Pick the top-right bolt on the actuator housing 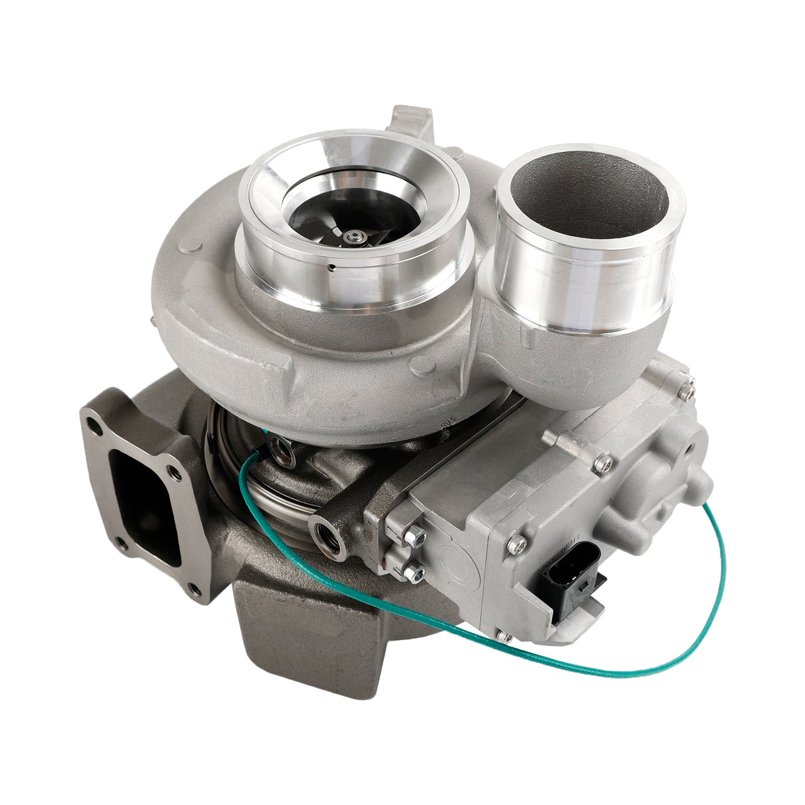[x=691, y=380]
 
